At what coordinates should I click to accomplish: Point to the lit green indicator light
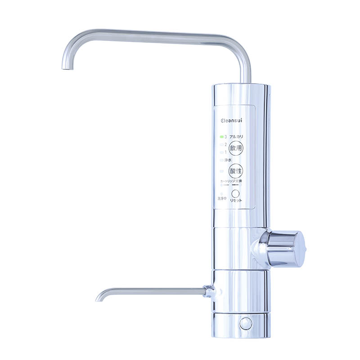(221, 136)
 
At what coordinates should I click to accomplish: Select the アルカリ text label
(237, 136)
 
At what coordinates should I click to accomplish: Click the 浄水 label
(228, 160)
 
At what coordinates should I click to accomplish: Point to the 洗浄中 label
(222, 198)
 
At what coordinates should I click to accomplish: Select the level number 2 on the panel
(225, 144)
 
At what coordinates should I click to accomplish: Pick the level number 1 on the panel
(225, 152)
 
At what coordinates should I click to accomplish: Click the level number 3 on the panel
(225, 136)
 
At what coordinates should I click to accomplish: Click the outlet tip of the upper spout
(67, 67)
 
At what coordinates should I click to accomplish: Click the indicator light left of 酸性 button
(221, 171)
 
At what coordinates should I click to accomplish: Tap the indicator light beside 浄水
(221, 160)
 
